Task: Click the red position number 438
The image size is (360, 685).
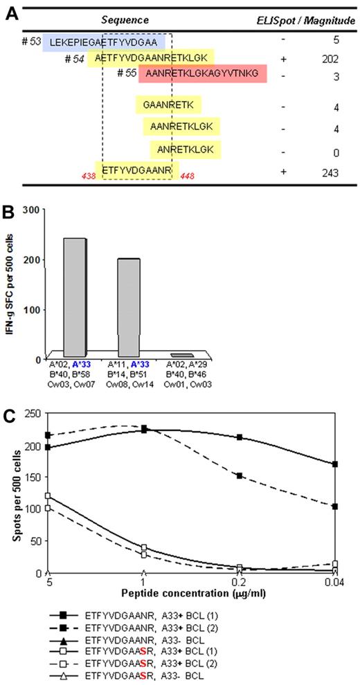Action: [x=85, y=177]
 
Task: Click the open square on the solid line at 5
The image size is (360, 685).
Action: [x=48, y=496]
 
